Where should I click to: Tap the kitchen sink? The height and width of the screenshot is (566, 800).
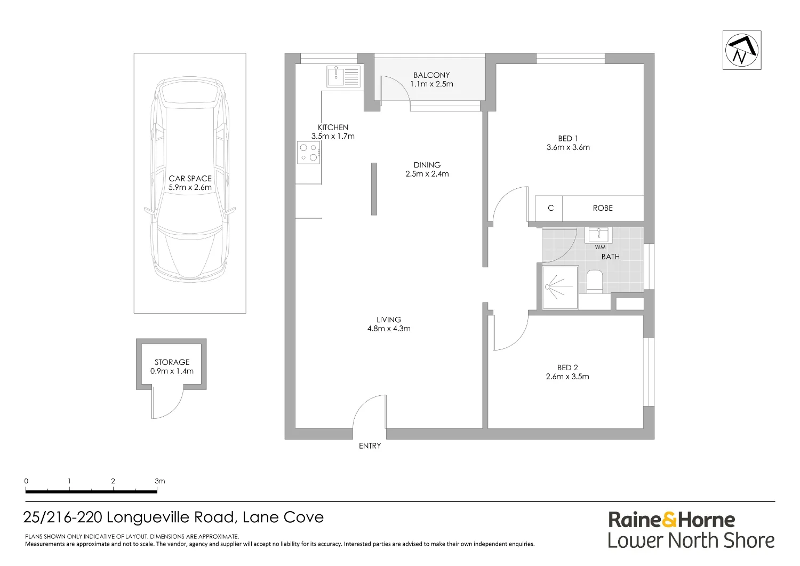343,76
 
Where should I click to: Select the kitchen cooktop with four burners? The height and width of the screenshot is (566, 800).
309,153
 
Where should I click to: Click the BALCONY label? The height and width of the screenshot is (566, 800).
431,75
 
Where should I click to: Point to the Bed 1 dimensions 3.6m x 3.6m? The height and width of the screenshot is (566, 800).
568,147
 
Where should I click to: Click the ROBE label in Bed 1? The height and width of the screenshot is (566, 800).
603,208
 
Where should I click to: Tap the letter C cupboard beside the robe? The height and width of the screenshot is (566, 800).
550,208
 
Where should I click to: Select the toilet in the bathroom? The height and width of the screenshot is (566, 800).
595,282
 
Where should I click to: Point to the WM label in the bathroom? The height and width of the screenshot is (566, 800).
600,248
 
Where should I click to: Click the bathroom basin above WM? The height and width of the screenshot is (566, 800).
598,235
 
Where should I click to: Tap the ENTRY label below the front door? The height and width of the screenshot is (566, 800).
370,446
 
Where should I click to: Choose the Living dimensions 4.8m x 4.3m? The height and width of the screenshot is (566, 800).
389,329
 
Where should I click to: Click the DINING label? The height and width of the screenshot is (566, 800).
427,165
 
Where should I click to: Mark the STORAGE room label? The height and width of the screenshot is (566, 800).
172,362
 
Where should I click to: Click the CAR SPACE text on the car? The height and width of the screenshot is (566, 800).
190,178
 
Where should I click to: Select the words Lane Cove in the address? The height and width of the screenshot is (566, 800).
283,517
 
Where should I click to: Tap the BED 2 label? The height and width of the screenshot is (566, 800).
567,368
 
